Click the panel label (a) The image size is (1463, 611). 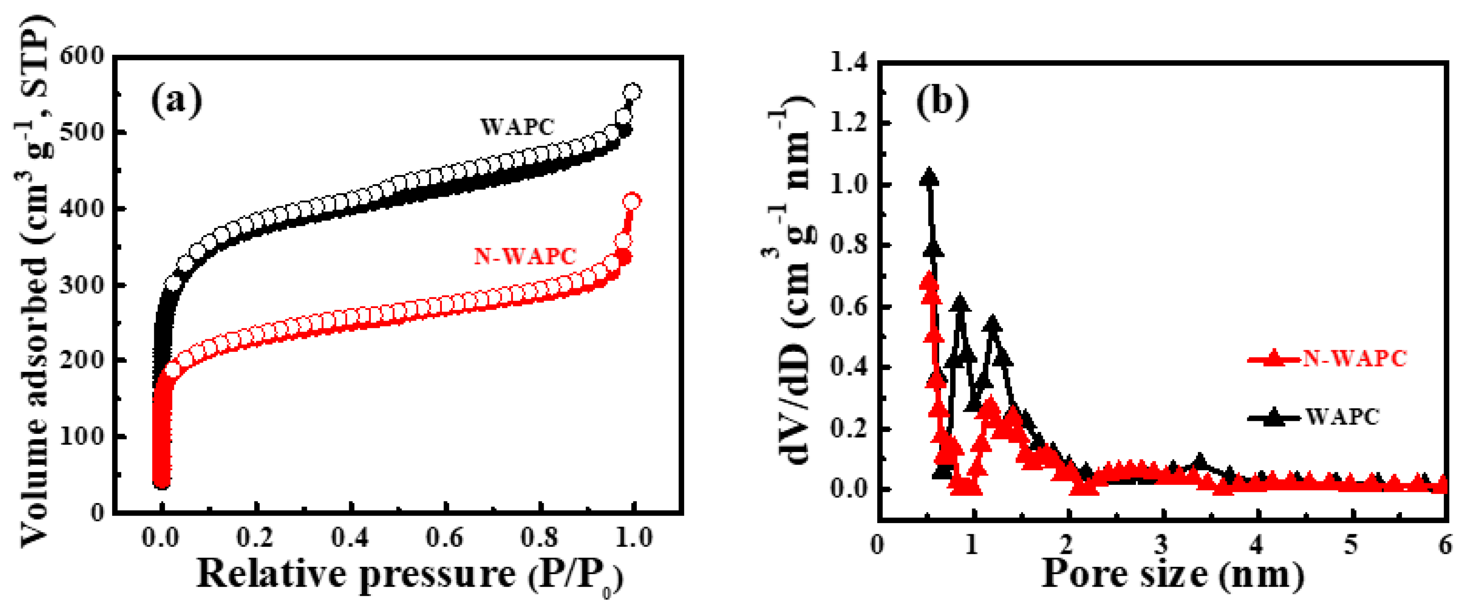[177, 101]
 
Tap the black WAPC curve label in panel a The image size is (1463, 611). [517, 127]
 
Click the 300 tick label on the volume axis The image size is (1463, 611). [82, 285]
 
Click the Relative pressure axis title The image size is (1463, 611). [409, 575]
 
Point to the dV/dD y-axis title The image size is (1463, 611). [792, 284]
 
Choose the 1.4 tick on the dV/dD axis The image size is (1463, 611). [849, 62]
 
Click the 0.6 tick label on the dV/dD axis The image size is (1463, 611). [849, 307]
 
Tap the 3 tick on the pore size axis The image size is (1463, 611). [1162, 545]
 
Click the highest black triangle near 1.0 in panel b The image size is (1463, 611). [929, 177]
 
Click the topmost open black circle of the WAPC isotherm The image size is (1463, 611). [632, 92]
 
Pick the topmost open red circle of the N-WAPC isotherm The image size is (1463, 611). [632, 201]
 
